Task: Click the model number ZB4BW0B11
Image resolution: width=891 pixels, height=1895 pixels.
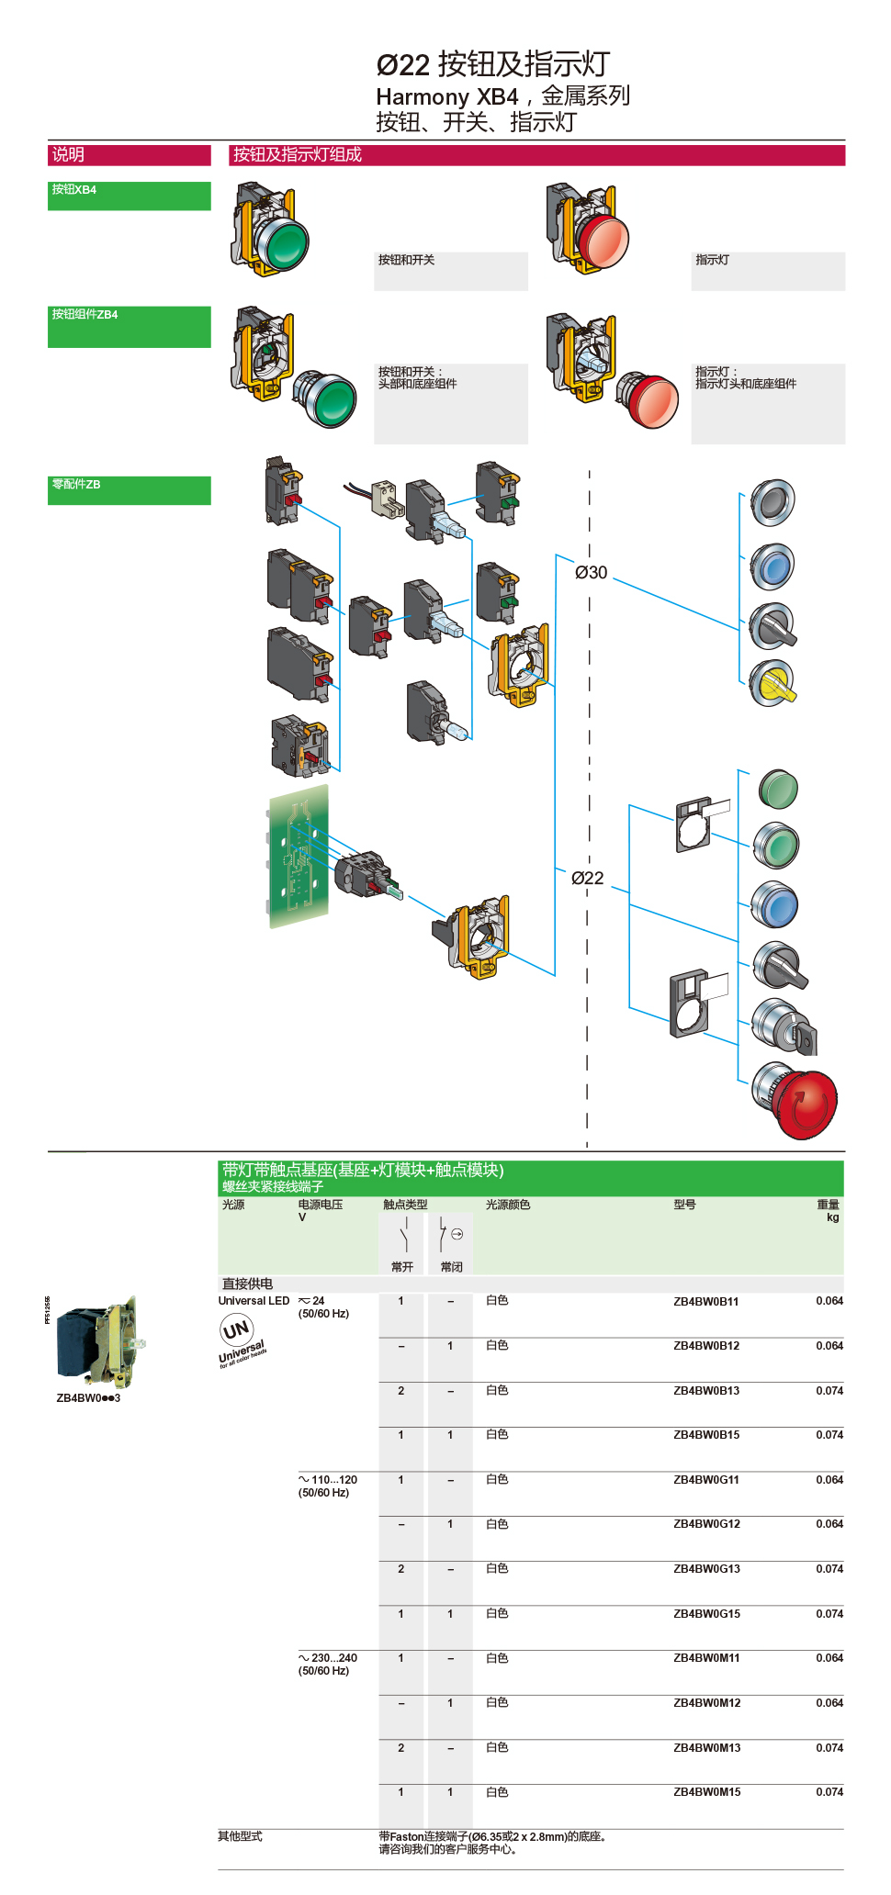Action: (x=705, y=1301)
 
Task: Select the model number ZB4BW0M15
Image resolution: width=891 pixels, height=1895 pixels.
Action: (x=706, y=1791)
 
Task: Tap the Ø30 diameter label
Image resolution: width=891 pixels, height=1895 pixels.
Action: (x=591, y=572)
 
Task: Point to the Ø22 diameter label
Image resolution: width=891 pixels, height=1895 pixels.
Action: (x=587, y=878)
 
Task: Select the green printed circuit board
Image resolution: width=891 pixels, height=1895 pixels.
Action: (x=299, y=856)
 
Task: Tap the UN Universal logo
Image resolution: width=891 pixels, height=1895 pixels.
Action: (x=240, y=1340)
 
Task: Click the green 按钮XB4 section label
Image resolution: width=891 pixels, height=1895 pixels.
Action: (x=129, y=196)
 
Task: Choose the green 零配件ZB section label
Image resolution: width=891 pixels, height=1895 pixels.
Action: (x=129, y=489)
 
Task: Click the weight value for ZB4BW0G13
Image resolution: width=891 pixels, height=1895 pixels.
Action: (x=829, y=1568)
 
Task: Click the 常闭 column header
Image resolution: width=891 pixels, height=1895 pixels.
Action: (x=451, y=1266)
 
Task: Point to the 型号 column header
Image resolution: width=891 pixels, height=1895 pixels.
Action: (x=684, y=1205)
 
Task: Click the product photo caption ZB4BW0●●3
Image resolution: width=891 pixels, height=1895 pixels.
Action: (x=88, y=1397)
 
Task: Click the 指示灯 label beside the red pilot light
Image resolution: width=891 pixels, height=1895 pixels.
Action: (x=713, y=260)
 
